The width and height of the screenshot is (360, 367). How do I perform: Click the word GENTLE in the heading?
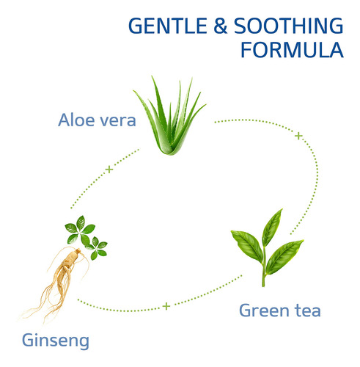pos(168,26)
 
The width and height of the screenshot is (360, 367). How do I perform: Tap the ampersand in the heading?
pos(221,26)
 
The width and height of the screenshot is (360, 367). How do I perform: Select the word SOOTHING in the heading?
pos(289,26)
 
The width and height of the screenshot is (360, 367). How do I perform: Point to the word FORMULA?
pos(292,50)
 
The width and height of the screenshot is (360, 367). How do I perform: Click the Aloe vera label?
pos(97,120)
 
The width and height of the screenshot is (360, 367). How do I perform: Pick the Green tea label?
pos(280,310)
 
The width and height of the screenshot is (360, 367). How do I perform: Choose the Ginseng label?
pos(56,341)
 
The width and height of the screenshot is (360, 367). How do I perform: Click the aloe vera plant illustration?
pos(169,115)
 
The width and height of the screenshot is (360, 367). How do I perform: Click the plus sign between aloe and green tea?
pos(298,136)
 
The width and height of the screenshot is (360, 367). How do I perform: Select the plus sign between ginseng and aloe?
pos(109,170)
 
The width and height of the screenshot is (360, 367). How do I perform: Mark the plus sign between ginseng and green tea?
pos(166,306)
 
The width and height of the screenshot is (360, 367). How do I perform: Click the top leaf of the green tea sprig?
pos(272,228)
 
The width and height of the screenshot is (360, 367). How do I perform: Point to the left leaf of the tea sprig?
pos(247,245)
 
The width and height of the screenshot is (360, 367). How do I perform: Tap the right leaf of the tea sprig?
pos(284,256)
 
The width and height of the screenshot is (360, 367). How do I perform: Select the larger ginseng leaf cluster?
pos(79,230)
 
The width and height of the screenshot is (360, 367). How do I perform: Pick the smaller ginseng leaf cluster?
pos(97,248)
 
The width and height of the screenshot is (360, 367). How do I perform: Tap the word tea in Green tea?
pos(308,310)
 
